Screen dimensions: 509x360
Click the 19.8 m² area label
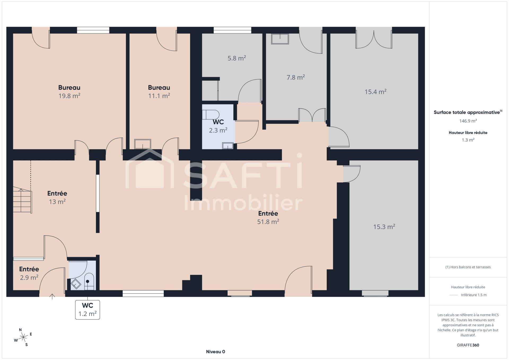pyautogui.click(x=69, y=96)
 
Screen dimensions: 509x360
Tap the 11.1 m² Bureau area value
pyautogui.click(x=159, y=96)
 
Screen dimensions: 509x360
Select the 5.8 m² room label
pyautogui.click(x=237, y=58)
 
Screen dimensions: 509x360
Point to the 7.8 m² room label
pyautogui.click(x=296, y=77)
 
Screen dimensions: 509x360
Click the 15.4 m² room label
pyautogui.click(x=375, y=92)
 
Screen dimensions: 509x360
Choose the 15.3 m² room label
pyautogui.click(x=384, y=227)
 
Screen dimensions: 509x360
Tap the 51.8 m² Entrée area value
pyautogui.click(x=268, y=222)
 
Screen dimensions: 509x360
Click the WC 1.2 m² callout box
pyautogui.click(x=87, y=310)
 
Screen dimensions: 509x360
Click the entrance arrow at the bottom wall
pyautogui.click(x=52, y=297)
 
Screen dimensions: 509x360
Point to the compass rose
pyautogui.click(x=24, y=337)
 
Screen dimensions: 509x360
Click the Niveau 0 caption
pyautogui.click(x=216, y=352)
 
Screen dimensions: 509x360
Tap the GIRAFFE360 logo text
pyautogui.click(x=468, y=345)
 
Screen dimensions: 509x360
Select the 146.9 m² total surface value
pyautogui.click(x=468, y=121)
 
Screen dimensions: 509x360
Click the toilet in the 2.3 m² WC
pyautogui.click(x=211, y=115)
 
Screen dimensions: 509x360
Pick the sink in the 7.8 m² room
pyautogui.click(x=280, y=39)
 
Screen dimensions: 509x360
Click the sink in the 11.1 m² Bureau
pyautogui.click(x=143, y=144)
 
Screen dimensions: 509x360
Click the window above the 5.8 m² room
pyautogui.click(x=232, y=30)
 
